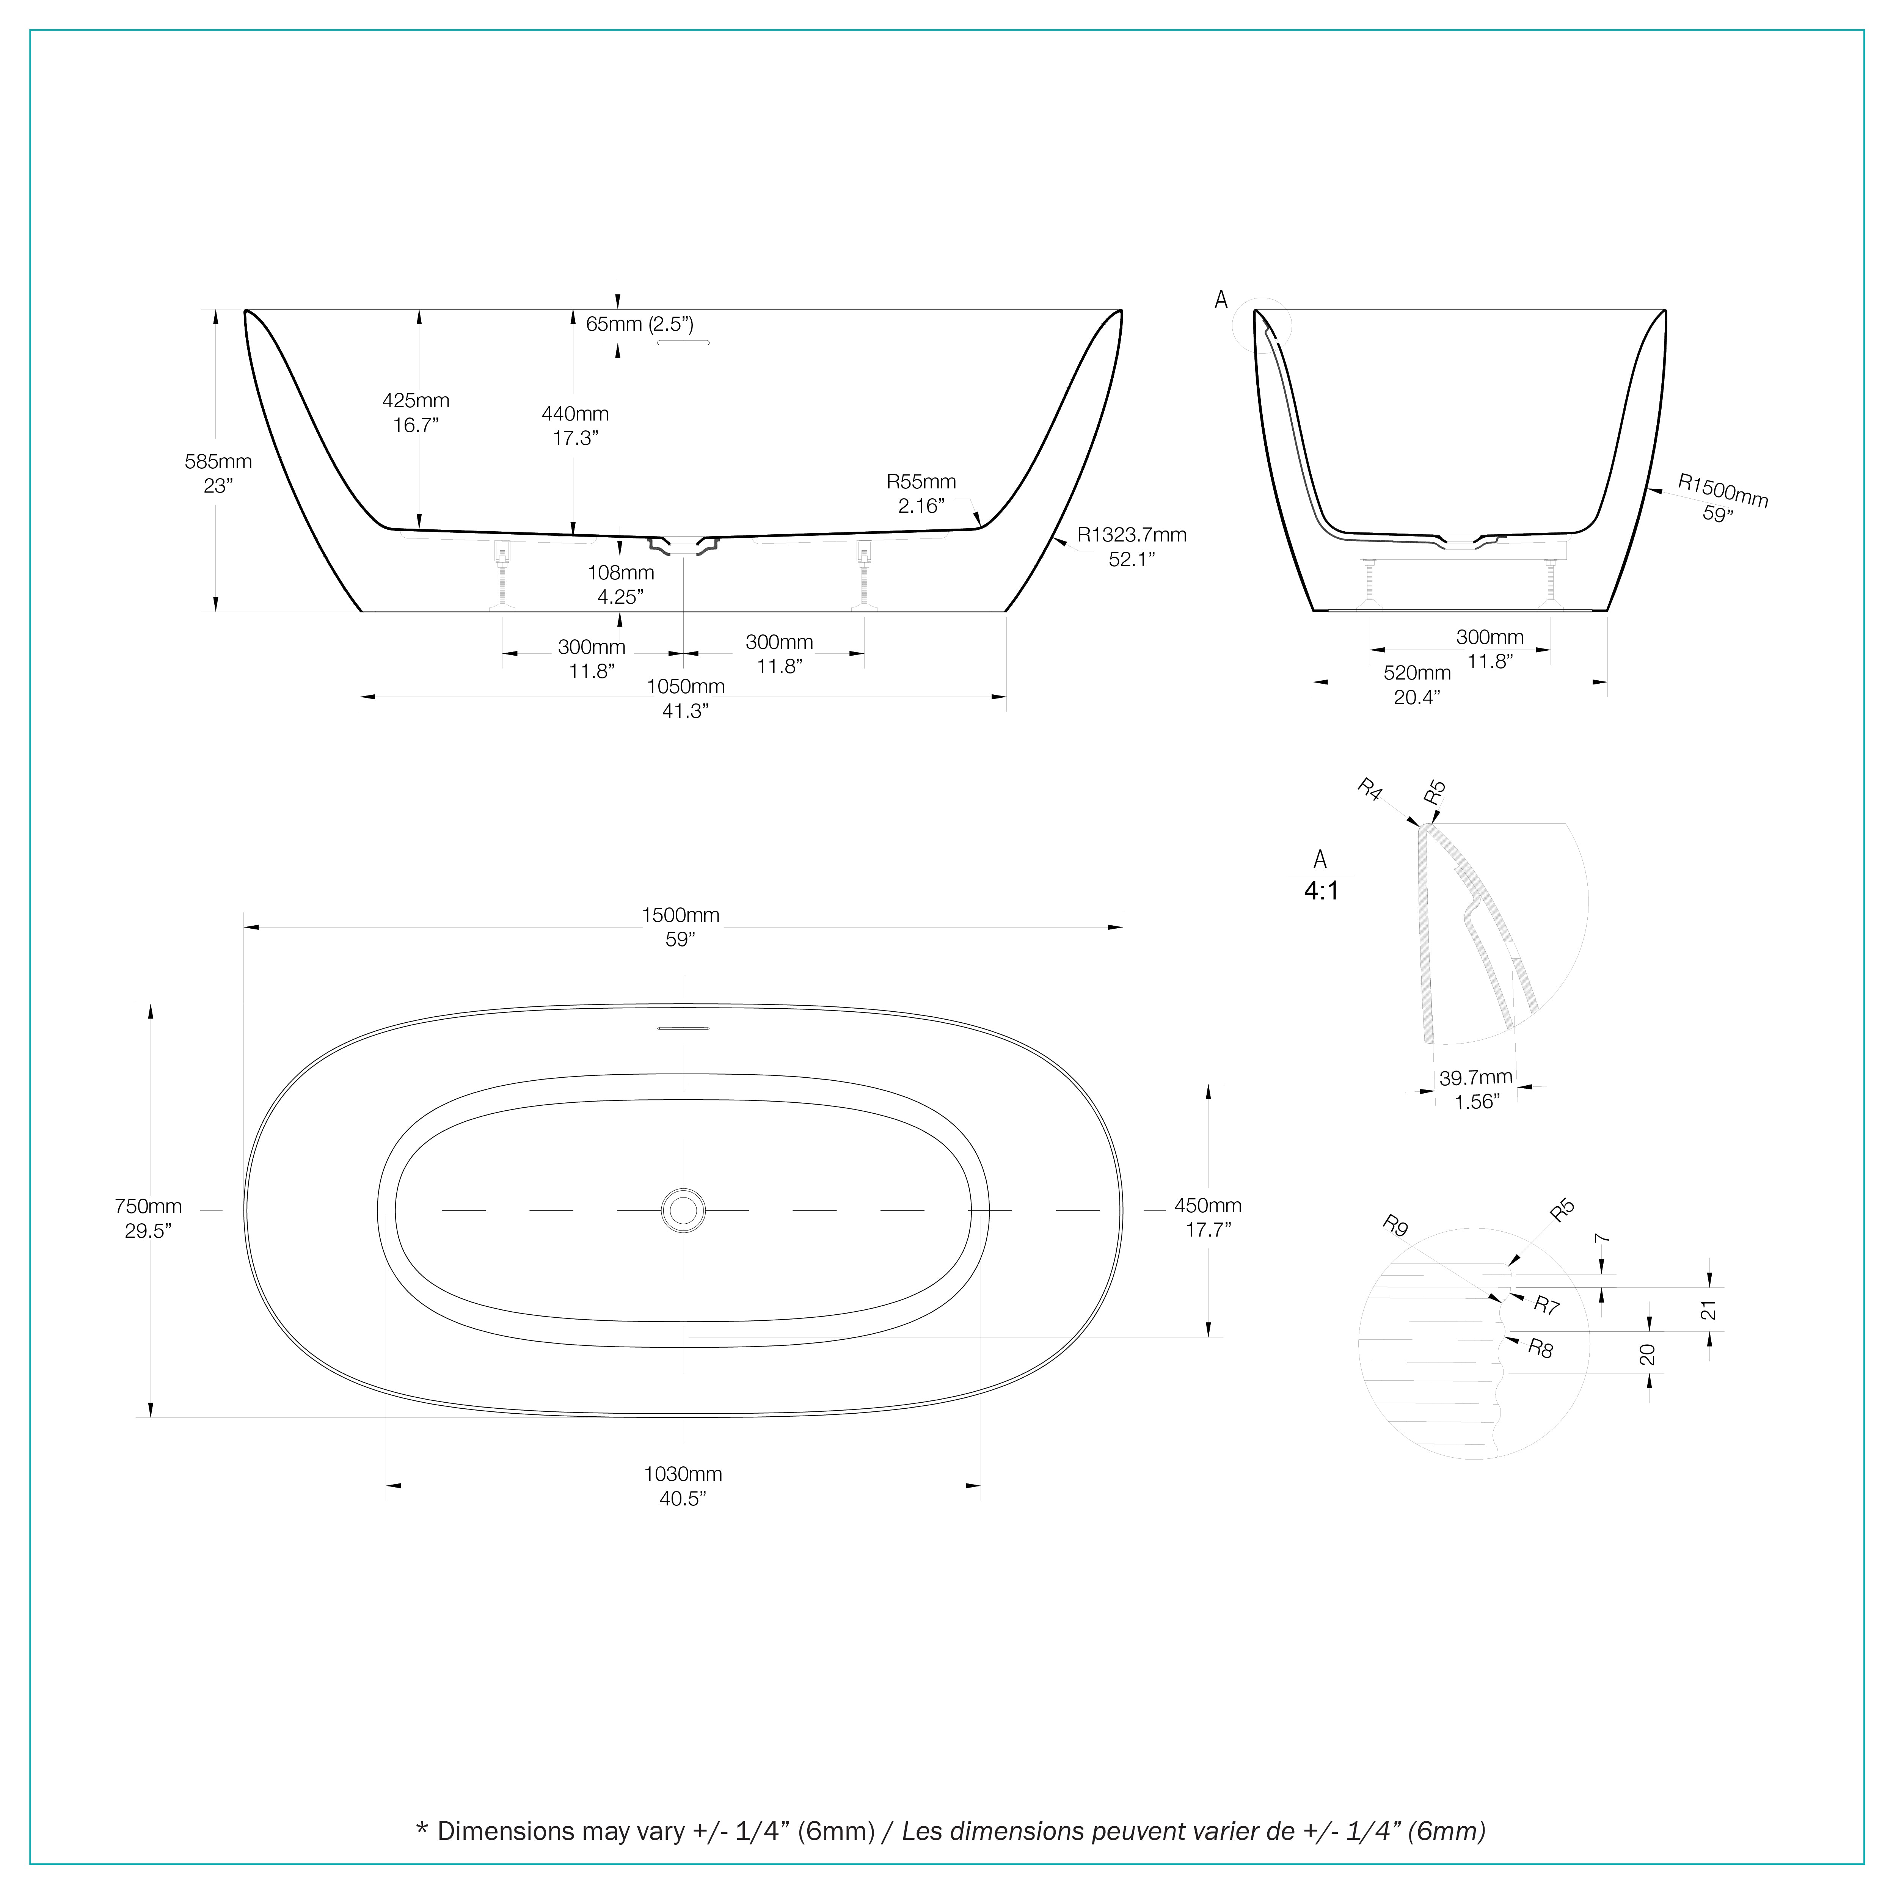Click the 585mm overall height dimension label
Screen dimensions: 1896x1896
(x=218, y=473)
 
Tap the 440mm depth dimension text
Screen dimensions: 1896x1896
(x=575, y=426)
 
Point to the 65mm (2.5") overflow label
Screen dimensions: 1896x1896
(x=640, y=324)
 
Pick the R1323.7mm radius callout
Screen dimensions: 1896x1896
(x=1132, y=547)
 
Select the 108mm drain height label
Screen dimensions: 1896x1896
(x=620, y=584)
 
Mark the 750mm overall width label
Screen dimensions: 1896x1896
(x=148, y=1218)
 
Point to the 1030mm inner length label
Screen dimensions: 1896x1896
(x=683, y=1486)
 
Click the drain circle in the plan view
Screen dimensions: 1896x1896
(x=683, y=1211)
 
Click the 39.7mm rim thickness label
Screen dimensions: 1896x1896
(x=1476, y=1089)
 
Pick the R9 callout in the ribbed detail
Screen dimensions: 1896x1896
(x=1395, y=1226)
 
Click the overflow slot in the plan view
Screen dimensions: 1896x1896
(x=683, y=1028)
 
